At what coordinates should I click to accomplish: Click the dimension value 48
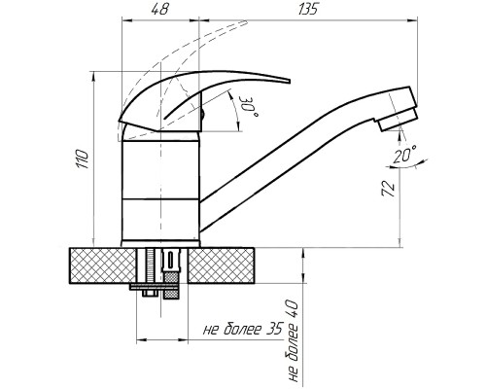[159, 10]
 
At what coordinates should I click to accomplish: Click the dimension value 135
[308, 10]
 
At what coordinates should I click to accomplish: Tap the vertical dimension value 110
[83, 159]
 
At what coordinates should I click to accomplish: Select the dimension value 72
[389, 188]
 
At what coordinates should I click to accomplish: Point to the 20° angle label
[404, 155]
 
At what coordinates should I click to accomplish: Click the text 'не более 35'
[243, 329]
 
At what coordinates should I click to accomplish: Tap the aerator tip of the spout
[398, 120]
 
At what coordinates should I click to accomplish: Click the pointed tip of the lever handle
[289, 81]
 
